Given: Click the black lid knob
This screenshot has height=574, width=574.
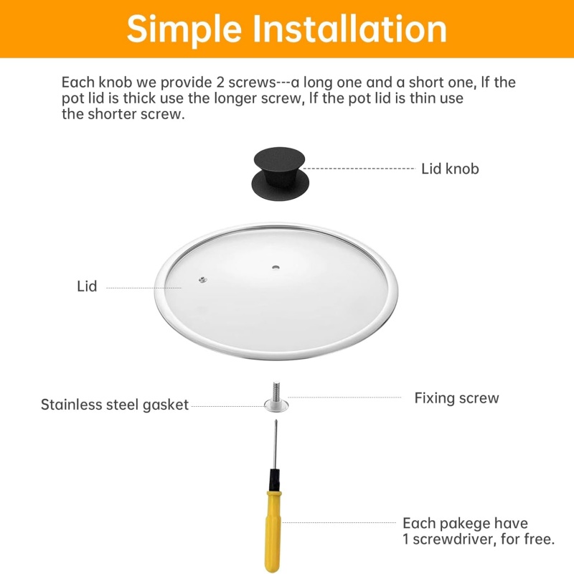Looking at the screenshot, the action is pos(280,174).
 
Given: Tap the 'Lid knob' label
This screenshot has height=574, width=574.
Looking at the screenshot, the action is pos(450,169).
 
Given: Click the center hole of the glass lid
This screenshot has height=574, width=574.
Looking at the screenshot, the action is pos(276,267).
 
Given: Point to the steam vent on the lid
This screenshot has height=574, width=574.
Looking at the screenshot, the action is pos(202,280).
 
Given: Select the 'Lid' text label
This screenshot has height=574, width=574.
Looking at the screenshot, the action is pos(87,286).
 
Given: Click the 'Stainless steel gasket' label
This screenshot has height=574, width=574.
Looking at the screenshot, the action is pos(115,405).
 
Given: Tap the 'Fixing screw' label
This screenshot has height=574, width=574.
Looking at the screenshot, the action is pos(456,398).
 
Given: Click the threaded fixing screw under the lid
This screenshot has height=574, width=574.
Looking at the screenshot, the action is pos(276,392).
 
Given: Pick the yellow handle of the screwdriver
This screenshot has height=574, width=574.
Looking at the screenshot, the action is pos(273,532).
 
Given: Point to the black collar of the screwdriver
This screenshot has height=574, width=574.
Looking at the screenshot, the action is pos(275,480).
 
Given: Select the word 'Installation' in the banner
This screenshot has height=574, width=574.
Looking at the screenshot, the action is pos(350,29).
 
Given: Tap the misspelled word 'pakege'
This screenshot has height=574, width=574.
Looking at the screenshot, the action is pos(465,524).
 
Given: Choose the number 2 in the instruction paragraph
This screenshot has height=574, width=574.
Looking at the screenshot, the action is pos(220,83).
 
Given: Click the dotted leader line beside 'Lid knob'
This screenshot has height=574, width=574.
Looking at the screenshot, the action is pos(359,169).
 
